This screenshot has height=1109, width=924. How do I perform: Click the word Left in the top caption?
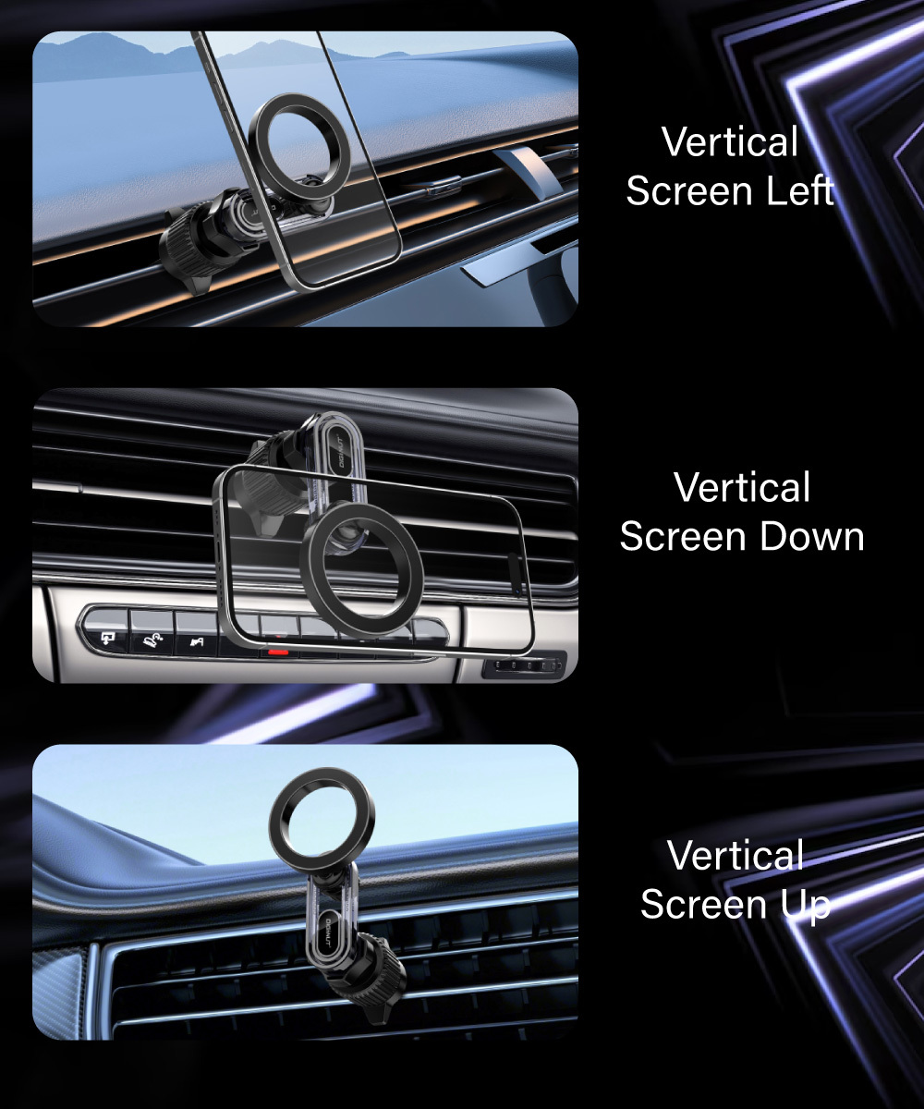tap(799, 190)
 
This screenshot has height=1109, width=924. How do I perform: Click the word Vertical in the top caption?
tap(730, 141)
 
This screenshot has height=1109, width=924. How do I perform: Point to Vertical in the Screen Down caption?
tap(742, 486)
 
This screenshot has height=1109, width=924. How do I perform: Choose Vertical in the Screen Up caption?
tap(736, 855)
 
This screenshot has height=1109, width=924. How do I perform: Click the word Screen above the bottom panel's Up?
tap(703, 905)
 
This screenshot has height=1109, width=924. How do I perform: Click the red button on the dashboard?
tap(278, 652)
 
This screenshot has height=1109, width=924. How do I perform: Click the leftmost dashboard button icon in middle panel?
tap(108, 638)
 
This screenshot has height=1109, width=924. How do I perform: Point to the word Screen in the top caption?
tap(688, 190)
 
